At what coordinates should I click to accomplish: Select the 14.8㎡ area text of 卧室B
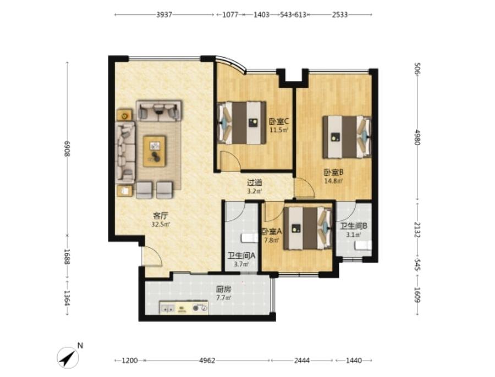(x=334, y=181)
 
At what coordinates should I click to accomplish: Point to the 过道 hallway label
(x=255, y=183)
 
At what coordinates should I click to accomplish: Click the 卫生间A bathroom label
(x=241, y=256)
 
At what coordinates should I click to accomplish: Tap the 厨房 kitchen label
(x=223, y=289)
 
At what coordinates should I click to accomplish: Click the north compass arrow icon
(x=68, y=357)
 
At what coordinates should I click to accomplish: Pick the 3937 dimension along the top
(x=164, y=14)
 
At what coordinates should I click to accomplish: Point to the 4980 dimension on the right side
(x=417, y=137)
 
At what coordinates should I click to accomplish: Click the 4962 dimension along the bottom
(x=207, y=360)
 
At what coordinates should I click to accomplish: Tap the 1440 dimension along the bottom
(x=354, y=360)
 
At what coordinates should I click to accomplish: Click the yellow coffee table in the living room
(x=155, y=151)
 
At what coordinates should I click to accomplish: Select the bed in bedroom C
(x=242, y=123)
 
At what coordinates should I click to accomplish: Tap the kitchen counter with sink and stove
(x=184, y=307)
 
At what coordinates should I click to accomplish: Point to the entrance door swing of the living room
(x=152, y=256)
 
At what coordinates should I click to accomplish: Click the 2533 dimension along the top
(x=340, y=14)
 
